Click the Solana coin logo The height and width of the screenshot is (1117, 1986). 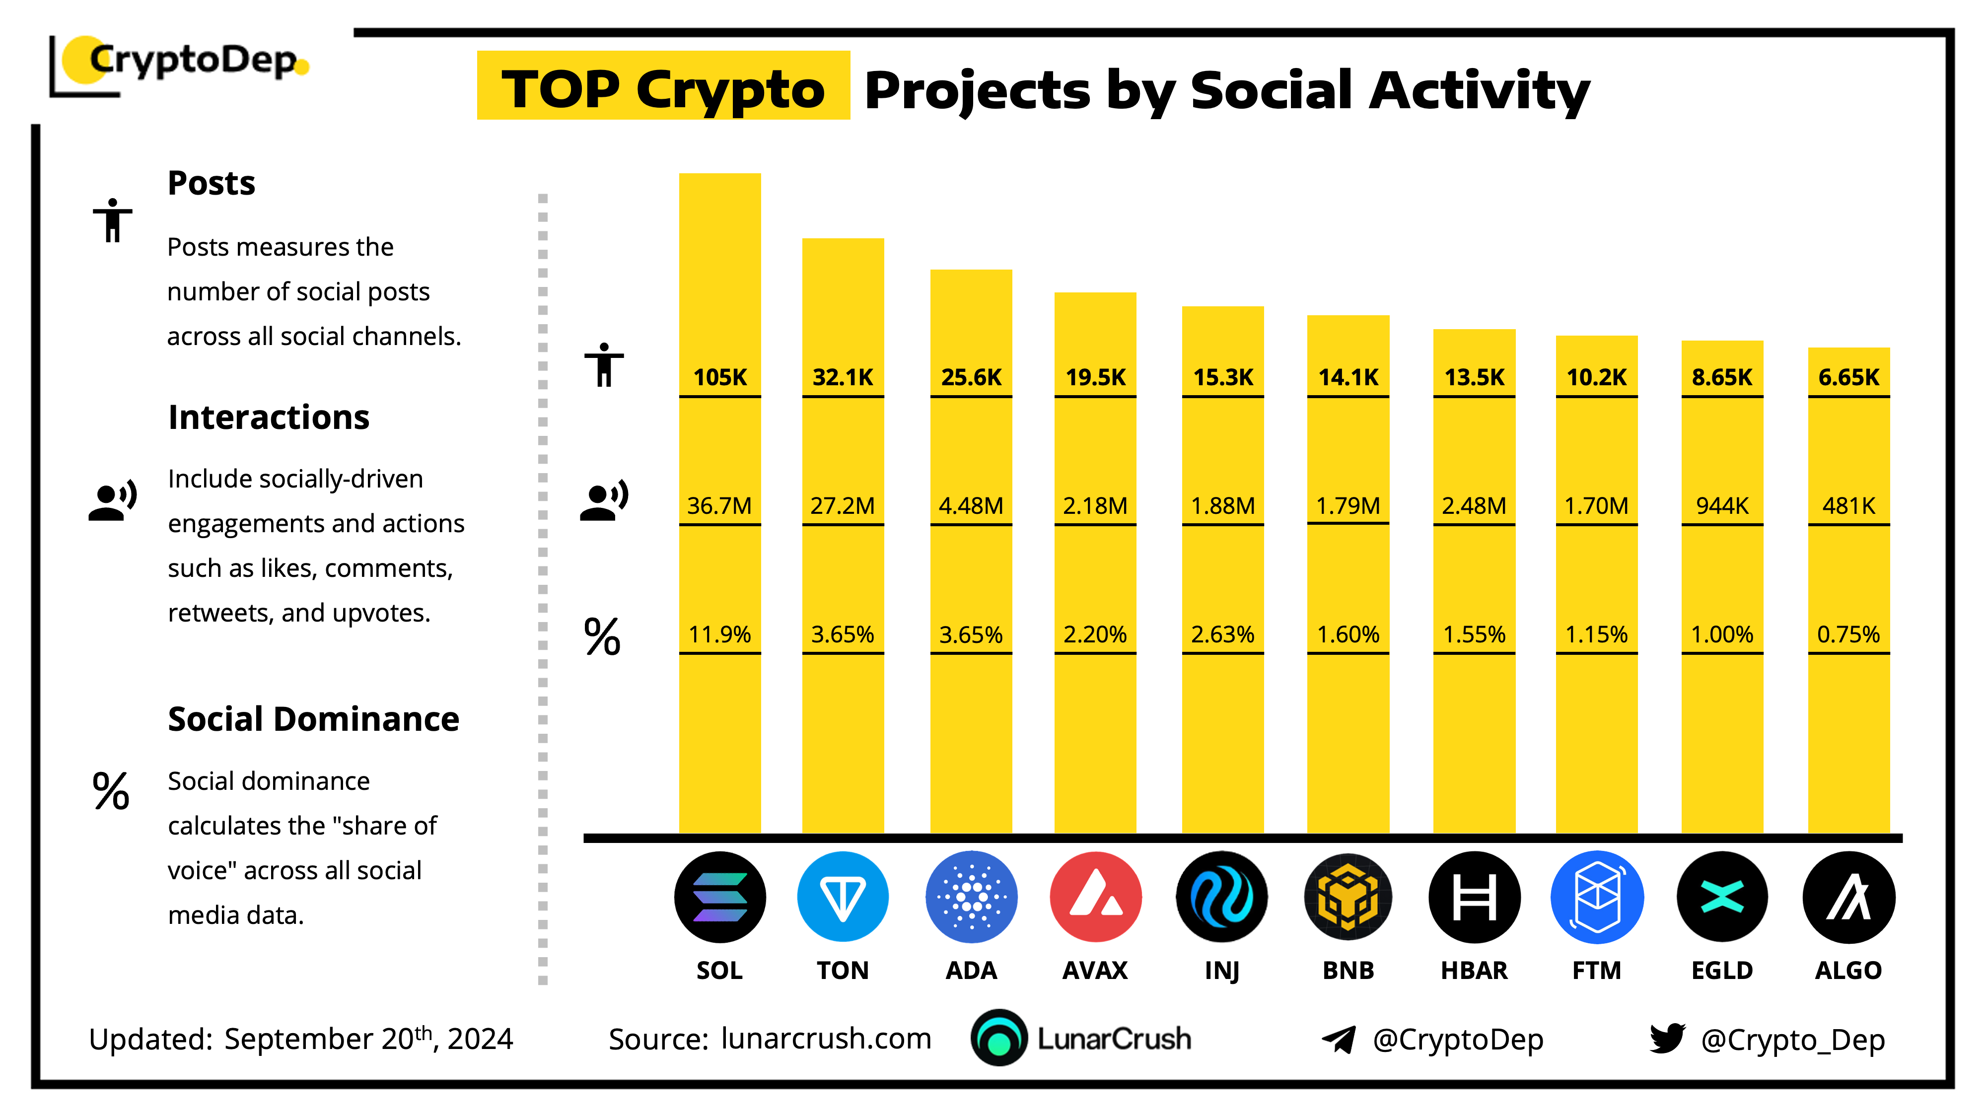719,897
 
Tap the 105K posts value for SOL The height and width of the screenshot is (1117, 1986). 719,377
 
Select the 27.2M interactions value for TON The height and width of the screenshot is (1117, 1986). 842,506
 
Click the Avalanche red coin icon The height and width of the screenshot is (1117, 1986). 1096,897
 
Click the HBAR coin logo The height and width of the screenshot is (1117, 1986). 1474,897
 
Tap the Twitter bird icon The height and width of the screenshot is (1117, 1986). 1667,1039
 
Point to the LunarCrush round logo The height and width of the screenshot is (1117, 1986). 998,1038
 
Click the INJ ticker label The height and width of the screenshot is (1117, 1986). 1222,971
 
